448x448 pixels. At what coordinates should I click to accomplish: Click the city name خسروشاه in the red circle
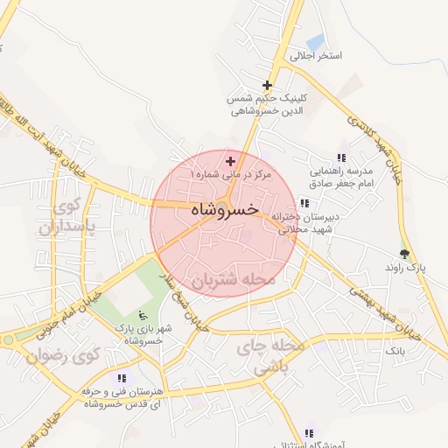(x=224, y=210)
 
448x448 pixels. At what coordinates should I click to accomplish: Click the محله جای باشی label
(x=276, y=358)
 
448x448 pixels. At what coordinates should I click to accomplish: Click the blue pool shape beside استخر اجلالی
(x=315, y=41)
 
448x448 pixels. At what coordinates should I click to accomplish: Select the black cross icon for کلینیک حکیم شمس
(x=267, y=86)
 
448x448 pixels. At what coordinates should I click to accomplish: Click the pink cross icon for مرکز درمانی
(x=230, y=161)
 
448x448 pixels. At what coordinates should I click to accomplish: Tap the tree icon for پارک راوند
(x=403, y=253)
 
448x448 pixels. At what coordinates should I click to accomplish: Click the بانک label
(x=396, y=349)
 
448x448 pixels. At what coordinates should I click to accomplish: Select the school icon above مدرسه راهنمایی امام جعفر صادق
(x=341, y=157)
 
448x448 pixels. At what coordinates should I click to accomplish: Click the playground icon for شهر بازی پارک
(x=143, y=315)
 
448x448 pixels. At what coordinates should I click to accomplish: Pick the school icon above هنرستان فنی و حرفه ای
(x=120, y=378)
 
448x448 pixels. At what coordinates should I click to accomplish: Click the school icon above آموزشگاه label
(x=308, y=433)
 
